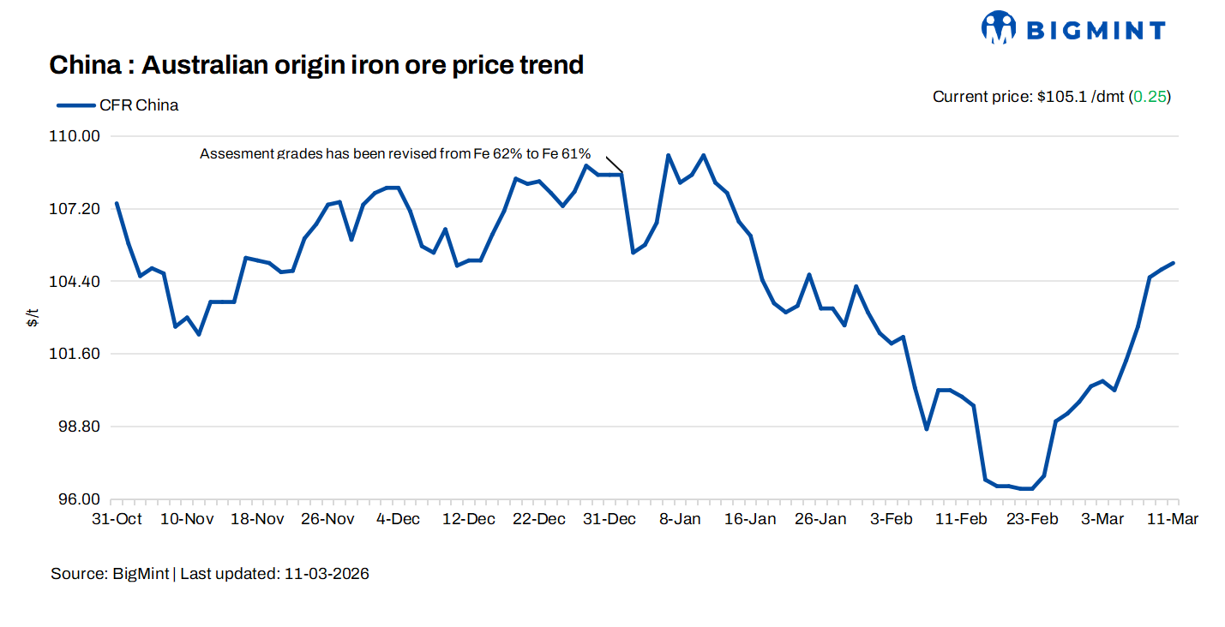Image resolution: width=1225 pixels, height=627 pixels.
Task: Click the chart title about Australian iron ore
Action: [x=316, y=64]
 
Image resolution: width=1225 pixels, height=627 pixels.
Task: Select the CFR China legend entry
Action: [x=117, y=105]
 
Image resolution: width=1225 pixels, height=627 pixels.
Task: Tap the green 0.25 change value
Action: [x=1150, y=97]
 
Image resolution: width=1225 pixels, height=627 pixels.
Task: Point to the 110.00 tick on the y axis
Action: [x=78, y=136]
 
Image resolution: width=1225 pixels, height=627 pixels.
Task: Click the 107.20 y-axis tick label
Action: [x=78, y=209]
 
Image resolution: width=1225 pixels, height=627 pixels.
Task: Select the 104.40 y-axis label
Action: [x=78, y=282]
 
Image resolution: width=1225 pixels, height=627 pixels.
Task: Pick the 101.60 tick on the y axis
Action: [x=78, y=354]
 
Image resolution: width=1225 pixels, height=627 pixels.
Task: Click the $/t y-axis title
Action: [x=33, y=319]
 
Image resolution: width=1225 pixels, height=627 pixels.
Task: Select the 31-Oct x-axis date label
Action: [x=117, y=519]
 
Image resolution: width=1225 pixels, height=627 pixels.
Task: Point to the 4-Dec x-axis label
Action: [x=399, y=519]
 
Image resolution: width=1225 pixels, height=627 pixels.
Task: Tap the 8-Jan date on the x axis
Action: [x=680, y=519]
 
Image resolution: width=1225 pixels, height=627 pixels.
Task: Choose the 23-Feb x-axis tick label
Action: [x=1031, y=519]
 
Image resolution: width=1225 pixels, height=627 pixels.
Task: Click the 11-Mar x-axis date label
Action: [x=1173, y=519]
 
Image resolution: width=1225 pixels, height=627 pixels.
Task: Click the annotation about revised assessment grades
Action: [x=395, y=153]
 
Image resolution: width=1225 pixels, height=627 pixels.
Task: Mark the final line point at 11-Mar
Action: [x=1173, y=263]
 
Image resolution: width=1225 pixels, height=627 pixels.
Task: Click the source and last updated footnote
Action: [x=210, y=574]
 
